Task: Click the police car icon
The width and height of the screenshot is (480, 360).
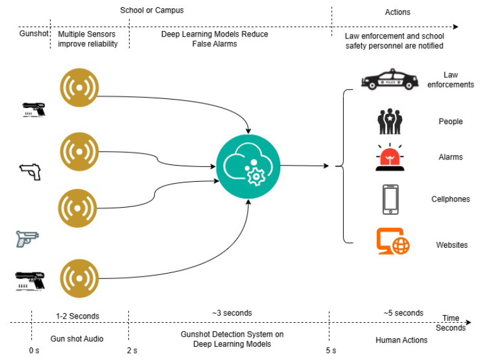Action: [x=391, y=80]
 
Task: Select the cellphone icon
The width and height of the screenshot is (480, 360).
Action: [x=391, y=199]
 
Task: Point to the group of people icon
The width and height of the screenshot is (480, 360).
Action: [x=391, y=121]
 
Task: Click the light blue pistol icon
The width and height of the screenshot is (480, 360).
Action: [x=27, y=238]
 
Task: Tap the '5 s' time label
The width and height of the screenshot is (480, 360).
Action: [x=331, y=350]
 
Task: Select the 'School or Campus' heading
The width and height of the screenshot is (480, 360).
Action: [x=152, y=10]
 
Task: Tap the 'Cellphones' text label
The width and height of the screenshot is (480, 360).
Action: [x=451, y=199]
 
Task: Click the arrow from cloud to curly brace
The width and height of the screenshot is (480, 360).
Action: [x=304, y=166]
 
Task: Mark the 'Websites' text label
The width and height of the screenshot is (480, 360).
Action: [x=452, y=245]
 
